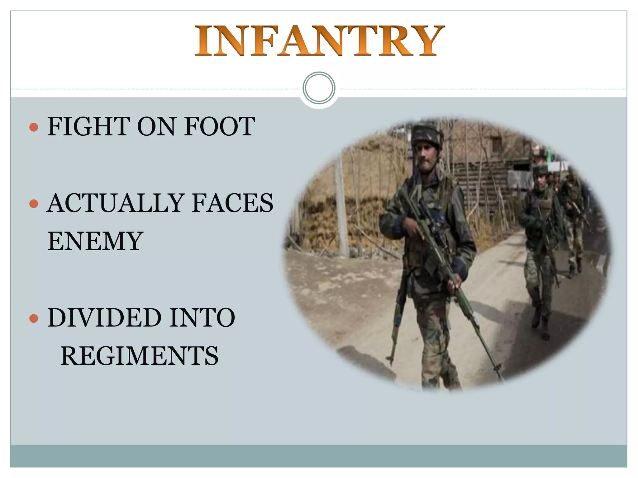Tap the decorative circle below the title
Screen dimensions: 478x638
coord(319,88)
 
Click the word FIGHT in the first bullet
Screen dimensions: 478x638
coord(88,127)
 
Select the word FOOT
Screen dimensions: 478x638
coord(219,127)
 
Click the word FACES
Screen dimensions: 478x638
coord(232,203)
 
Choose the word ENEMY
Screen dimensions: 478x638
coord(95,241)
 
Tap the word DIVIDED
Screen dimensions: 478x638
coord(104,318)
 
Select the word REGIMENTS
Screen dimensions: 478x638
coord(139,356)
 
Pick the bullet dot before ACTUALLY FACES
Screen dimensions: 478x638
coord(33,204)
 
